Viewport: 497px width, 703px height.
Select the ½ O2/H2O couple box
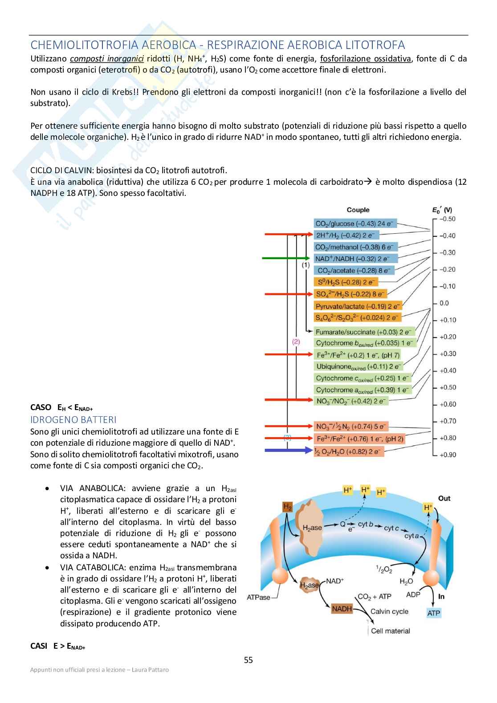[x=348, y=451]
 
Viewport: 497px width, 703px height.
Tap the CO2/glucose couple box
[x=354, y=223]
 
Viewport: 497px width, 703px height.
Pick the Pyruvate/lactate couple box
[x=358, y=306]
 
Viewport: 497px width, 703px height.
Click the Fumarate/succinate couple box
[x=365, y=332]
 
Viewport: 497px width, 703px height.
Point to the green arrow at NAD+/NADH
[x=285, y=258]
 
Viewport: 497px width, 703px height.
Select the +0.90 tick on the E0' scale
[x=448, y=455]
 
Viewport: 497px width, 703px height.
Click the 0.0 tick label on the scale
[x=444, y=303]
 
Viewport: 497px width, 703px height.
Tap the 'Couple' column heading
[x=358, y=210]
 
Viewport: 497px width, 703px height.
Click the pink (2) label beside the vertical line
[x=296, y=342]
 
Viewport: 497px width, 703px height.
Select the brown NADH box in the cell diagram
[x=342, y=609]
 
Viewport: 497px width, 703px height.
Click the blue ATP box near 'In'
[x=434, y=613]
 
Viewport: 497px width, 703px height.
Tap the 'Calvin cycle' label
[x=389, y=611]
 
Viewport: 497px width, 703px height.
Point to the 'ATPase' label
[x=258, y=597]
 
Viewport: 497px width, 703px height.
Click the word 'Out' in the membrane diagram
[x=444, y=498]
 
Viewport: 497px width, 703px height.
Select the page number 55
[x=248, y=660]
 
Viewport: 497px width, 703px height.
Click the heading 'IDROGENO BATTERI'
[x=73, y=420]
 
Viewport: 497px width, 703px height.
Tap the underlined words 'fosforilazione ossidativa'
[x=365, y=59]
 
